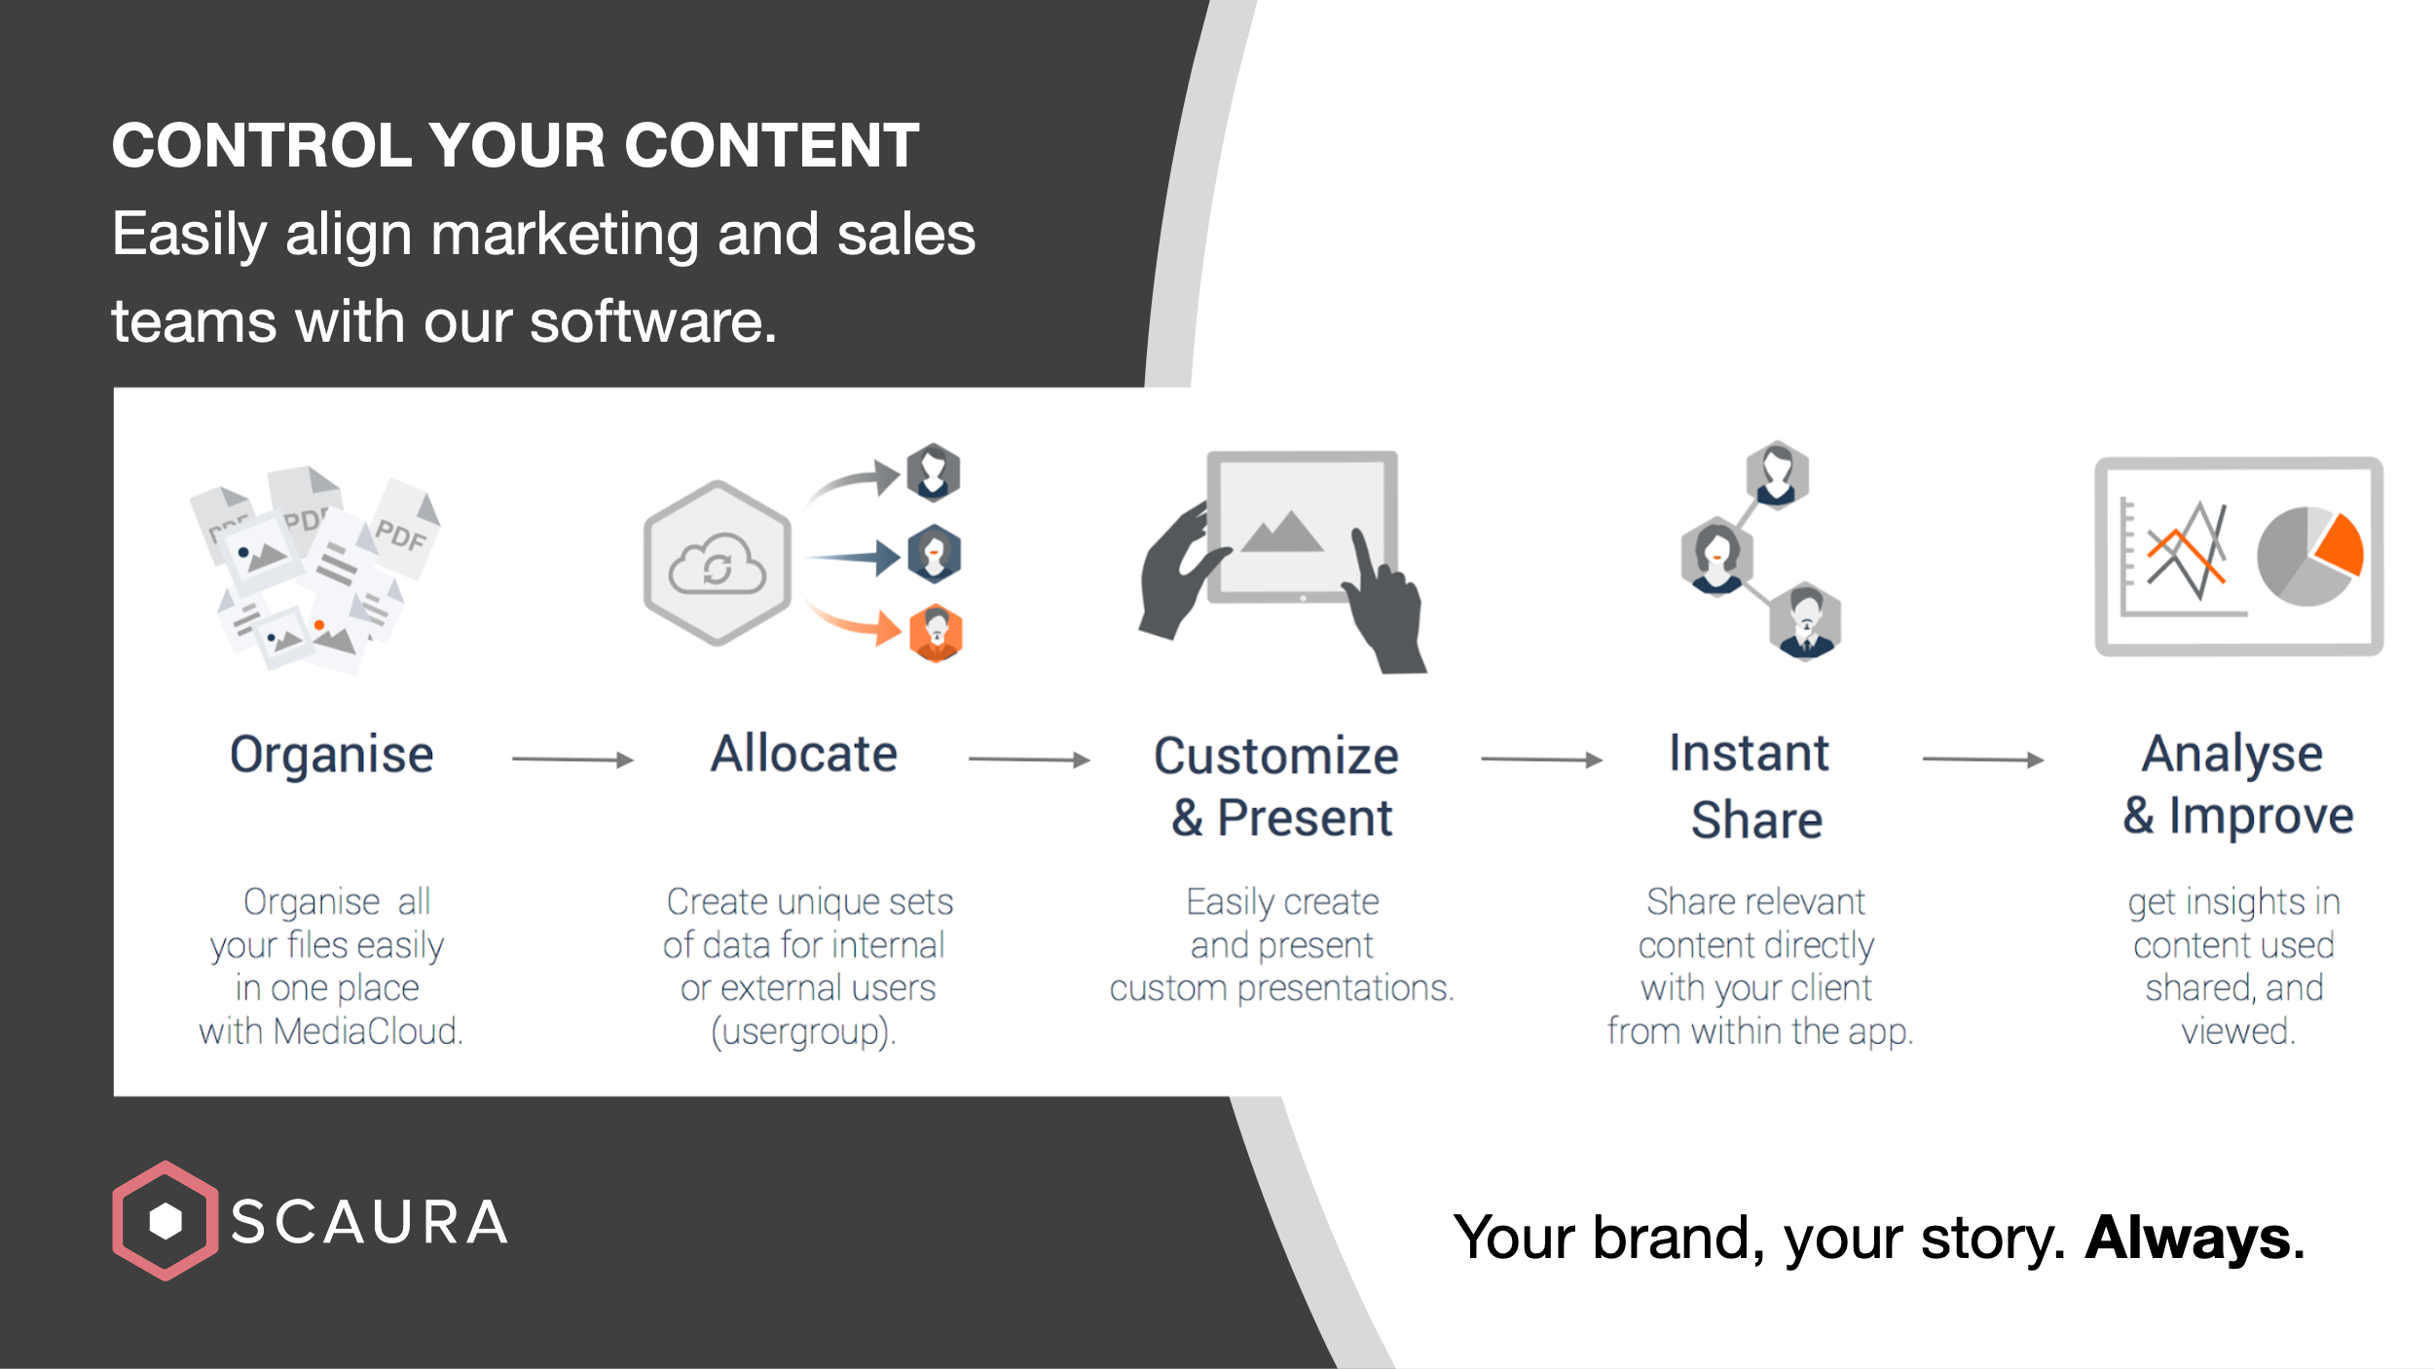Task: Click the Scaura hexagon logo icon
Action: coord(165,1220)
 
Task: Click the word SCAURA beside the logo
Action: coord(369,1223)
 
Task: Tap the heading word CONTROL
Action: coord(262,146)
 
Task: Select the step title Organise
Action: coord(331,755)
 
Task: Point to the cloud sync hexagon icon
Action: coord(718,563)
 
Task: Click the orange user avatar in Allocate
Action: coord(936,633)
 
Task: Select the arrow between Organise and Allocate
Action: coord(572,759)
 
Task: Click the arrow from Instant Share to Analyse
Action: coord(1982,759)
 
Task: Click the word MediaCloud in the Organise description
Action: coord(367,1031)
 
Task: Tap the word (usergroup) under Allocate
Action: coord(803,1031)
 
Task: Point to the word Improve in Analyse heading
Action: coord(2261,816)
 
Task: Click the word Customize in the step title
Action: coord(1275,757)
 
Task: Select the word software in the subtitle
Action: coord(652,321)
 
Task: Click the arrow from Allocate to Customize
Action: coord(1029,759)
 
